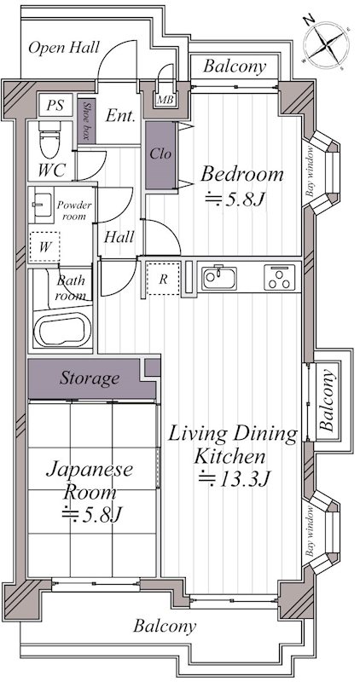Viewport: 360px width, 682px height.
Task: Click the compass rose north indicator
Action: click(310, 20)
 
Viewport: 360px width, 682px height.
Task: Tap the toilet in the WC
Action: click(49, 140)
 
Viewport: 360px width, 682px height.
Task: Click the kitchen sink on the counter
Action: click(219, 278)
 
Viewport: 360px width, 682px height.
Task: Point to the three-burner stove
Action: click(279, 278)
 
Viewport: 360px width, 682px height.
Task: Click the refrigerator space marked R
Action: click(163, 279)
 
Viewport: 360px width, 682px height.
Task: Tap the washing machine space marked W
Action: click(44, 247)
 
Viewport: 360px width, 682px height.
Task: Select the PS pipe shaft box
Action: click(55, 105)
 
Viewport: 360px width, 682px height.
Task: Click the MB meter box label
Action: click(165, 100)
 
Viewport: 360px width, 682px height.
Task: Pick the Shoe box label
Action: click(86, 120)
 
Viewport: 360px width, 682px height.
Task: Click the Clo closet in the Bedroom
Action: click(160, 155)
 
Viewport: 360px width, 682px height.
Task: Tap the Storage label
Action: click(90, 379)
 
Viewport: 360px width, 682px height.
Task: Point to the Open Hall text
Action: click(64, 48)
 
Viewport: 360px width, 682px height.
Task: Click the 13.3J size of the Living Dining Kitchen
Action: click(235, 479)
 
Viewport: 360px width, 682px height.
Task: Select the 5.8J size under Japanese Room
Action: click(90, 515)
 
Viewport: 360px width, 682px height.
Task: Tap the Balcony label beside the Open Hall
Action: click(235, 66)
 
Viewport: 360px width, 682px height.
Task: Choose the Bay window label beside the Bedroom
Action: click(310, 171)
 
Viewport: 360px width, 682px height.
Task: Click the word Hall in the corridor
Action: click(119, 238)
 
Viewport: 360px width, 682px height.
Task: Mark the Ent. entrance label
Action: click(121, 116)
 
